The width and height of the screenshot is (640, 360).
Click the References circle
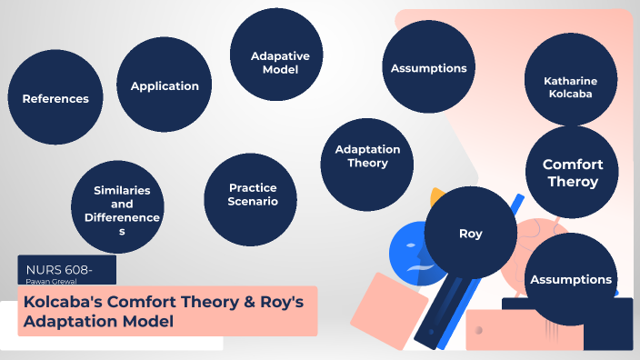(x=55, y=99)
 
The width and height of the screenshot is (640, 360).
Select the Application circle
(x=165, y=86)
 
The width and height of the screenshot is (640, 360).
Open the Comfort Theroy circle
(x=573, y=172)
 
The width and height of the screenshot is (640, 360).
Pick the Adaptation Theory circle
(x=367, y=156)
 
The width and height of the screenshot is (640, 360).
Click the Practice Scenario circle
(x=253, y=194)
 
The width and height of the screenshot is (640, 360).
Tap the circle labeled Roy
(x=470, y=234)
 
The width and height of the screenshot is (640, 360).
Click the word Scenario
(x=253, y=201)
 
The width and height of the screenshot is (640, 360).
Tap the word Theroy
(x=573, y=181)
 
